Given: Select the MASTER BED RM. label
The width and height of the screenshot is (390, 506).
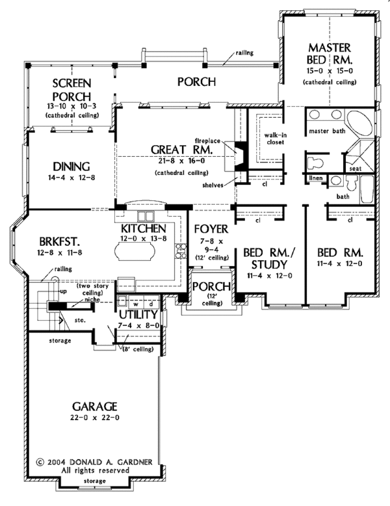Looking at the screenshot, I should pos(329,57).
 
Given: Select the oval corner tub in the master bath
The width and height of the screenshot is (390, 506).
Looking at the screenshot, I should pos(357,124).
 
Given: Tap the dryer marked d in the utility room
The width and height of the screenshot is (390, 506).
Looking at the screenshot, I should pos(151,304).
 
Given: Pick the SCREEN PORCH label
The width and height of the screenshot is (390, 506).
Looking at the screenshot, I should pos(71,90).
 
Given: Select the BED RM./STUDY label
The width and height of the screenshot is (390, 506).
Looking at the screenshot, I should pos(267,258).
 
